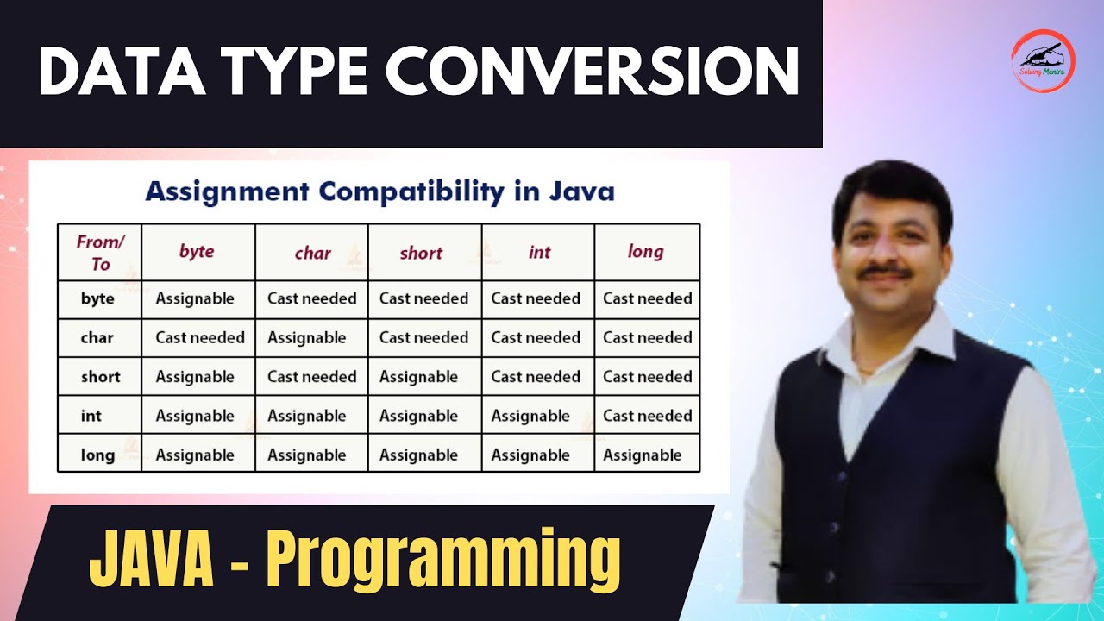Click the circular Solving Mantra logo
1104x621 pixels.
[x=1043, y=61]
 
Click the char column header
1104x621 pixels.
[x=312, y=253]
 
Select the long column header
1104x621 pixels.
[x=646, y=252]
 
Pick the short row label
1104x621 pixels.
[x=100, y=377]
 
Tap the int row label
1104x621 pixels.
[x=91, y=416]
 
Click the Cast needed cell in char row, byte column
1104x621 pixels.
[x=199, y=337]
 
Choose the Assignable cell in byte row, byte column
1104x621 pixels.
[x=195, y=298]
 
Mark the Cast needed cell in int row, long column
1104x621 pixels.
[x=647, y=416]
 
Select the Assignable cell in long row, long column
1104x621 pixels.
[x=643, y=455]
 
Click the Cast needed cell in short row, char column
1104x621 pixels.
[x=311, y=377]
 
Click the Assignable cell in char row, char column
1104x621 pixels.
[x=306, y=337]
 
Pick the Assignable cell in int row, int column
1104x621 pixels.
[x=530, y=416]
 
